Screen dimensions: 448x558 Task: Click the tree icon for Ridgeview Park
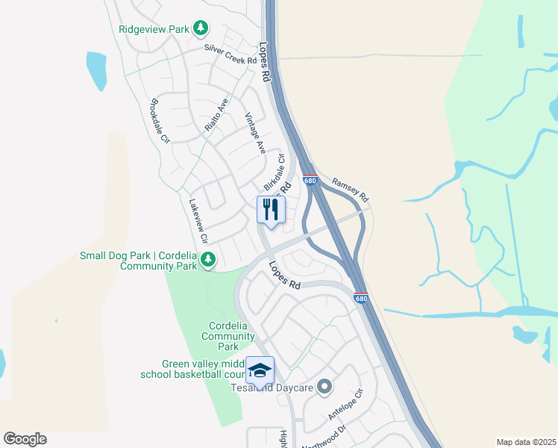click(x=200, y=28)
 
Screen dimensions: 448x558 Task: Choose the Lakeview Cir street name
click(x=198, y=221)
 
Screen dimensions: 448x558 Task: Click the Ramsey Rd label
click(x=350, y=189)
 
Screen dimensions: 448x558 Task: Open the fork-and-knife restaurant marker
click(x=270, y=209)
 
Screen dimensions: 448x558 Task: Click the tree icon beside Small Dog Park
click(x=208, y=260)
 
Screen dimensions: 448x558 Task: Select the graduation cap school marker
click(x=260, y=370)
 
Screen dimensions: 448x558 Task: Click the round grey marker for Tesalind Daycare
click(x=324, y=387)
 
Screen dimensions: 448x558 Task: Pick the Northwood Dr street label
click(x=325, y=436)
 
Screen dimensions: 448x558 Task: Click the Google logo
click(x=25, y=439)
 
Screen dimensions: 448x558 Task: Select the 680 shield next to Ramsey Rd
click(x=311, y=181)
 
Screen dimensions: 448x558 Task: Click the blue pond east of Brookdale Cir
click(x=97, y=71)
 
